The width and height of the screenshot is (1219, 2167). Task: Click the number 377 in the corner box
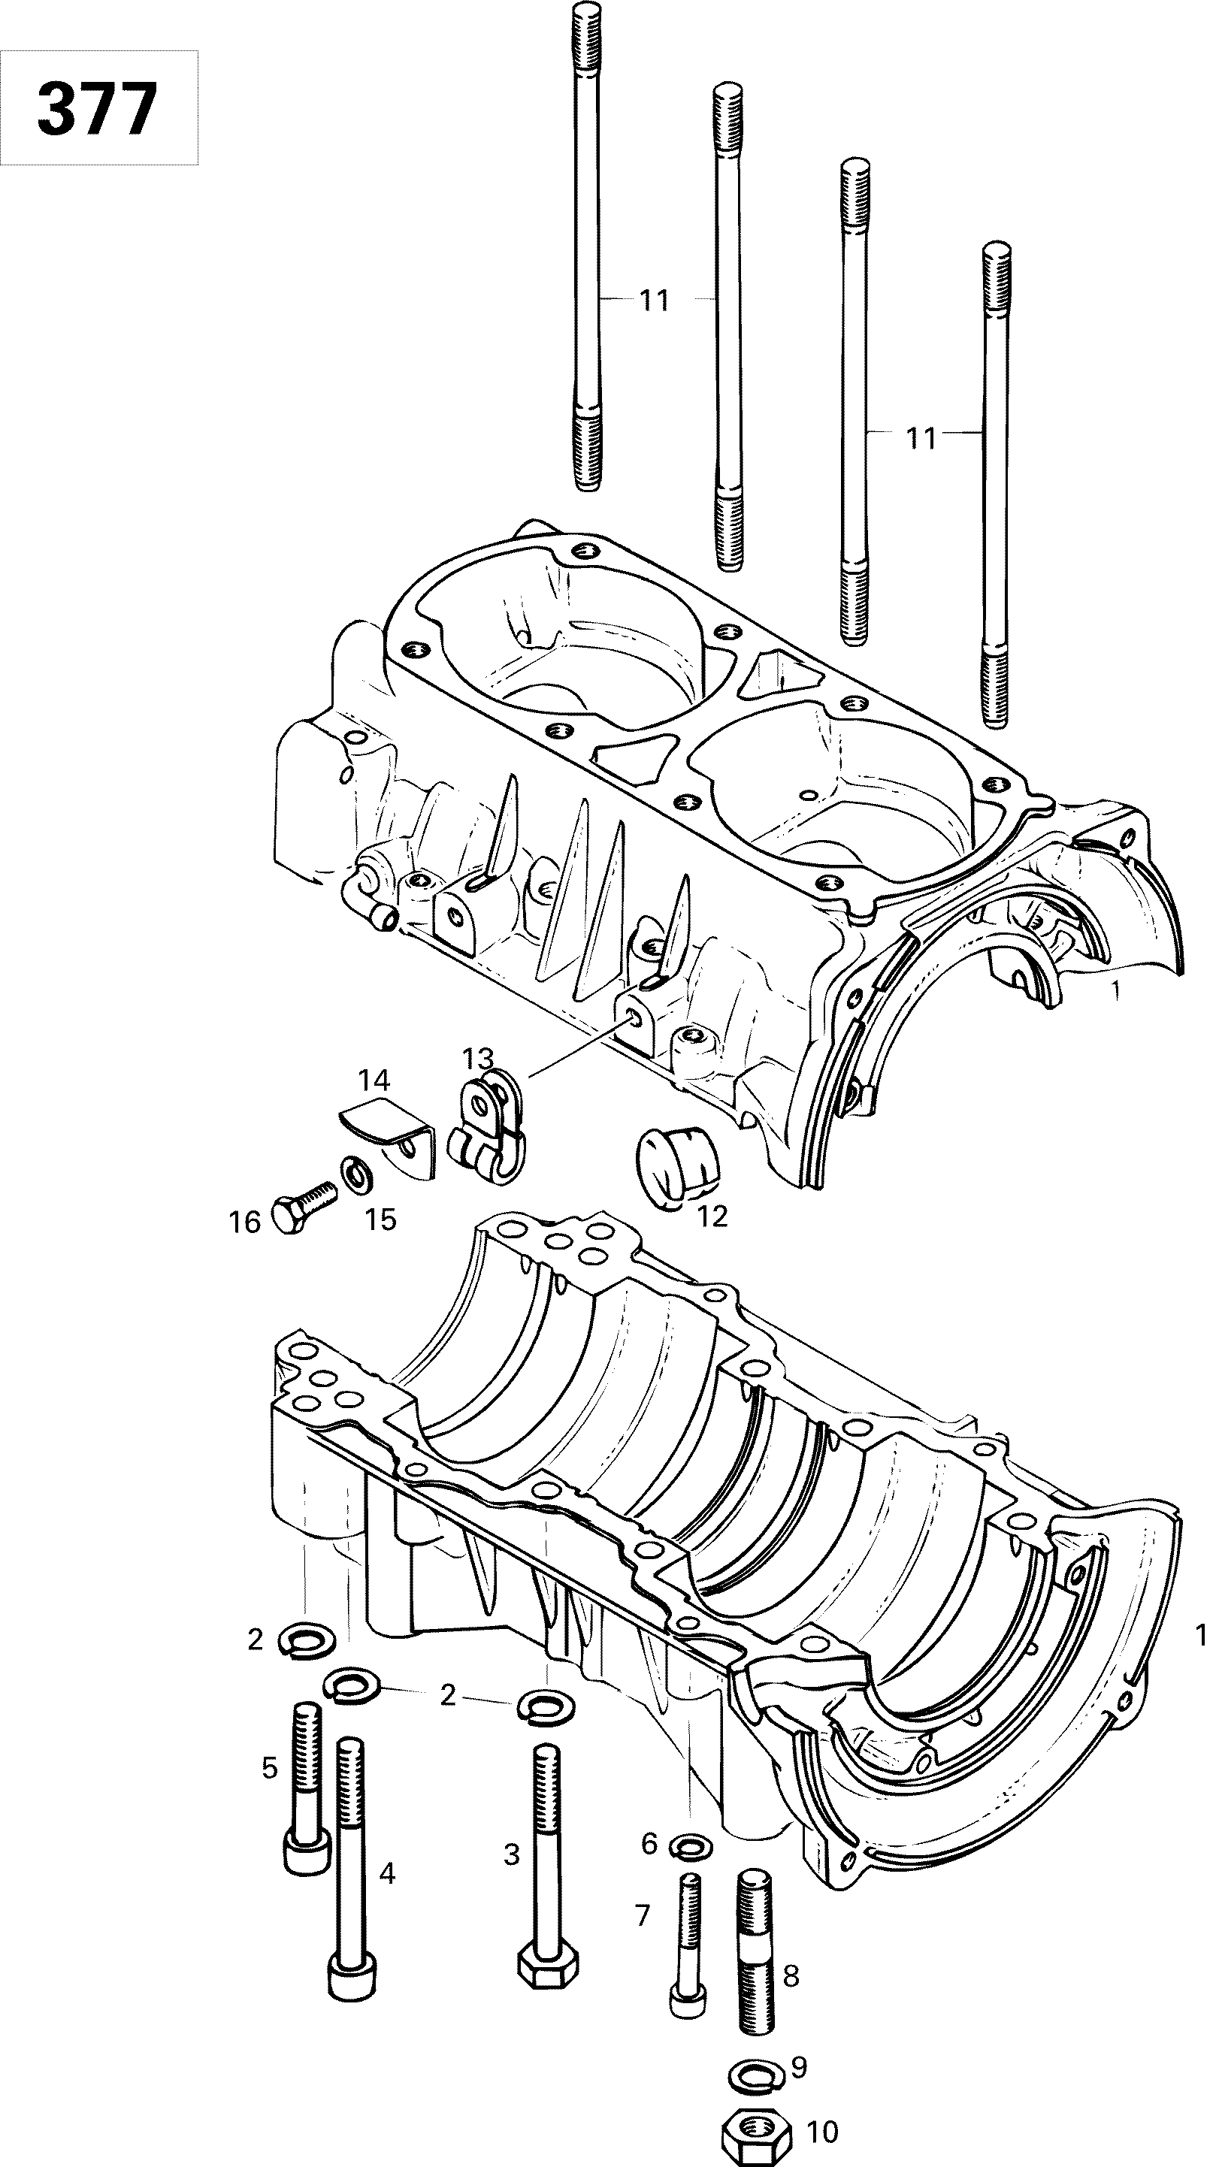tap(98, 110)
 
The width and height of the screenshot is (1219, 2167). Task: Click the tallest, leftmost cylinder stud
tap(586, 244)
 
